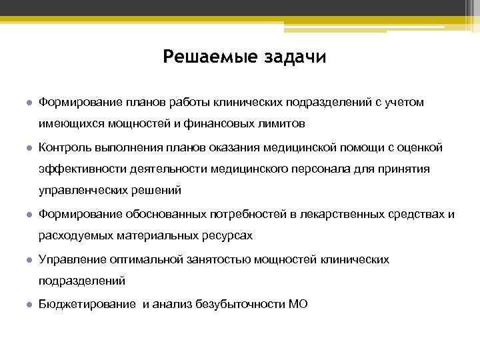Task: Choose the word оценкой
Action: click(417, 147)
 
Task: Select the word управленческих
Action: click(81, 191)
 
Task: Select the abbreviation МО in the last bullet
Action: click(298, 304)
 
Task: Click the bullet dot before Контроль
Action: click(29, 148)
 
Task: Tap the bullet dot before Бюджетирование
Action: click(29, 305)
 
